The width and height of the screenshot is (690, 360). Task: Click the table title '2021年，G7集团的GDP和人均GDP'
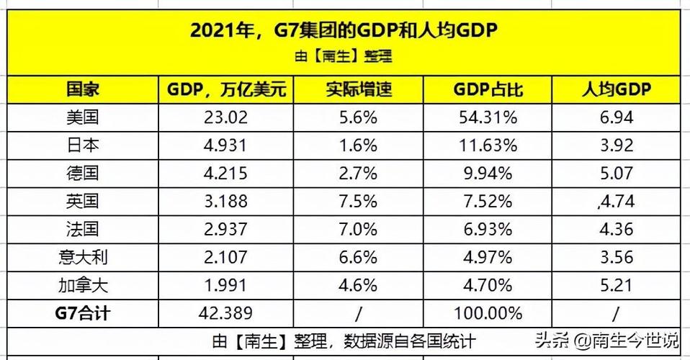pyautogui.click(x=344, y=31)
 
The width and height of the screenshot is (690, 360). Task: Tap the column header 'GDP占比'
pyautogui.click(x=487, y=89)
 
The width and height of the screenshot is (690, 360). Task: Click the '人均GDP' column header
pyautogui.click(x=616, y=89)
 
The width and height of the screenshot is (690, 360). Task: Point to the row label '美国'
pyautogui.click(x=82, y=117)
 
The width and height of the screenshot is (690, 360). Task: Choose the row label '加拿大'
pyautogui.click(x=82, y=284)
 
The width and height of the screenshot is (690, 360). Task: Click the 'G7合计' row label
pyautogui.click(x=82, y=313)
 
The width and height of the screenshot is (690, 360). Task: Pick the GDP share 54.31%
pyautogui.click(x=487, y=117)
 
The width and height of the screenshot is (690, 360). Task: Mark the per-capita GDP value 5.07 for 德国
pyautogui.click(x=616, y=173)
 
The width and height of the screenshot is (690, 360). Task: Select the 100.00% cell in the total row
pyautogui.click(x=487, y=313)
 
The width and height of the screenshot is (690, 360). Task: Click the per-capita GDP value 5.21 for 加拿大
pyautogui.click(x=616, y=284)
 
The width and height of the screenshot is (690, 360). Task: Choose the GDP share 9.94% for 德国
pyautogui.click(x=487, y=173)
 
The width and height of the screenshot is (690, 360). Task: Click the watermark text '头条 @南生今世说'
pyautogui.click(x=605, y=339)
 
